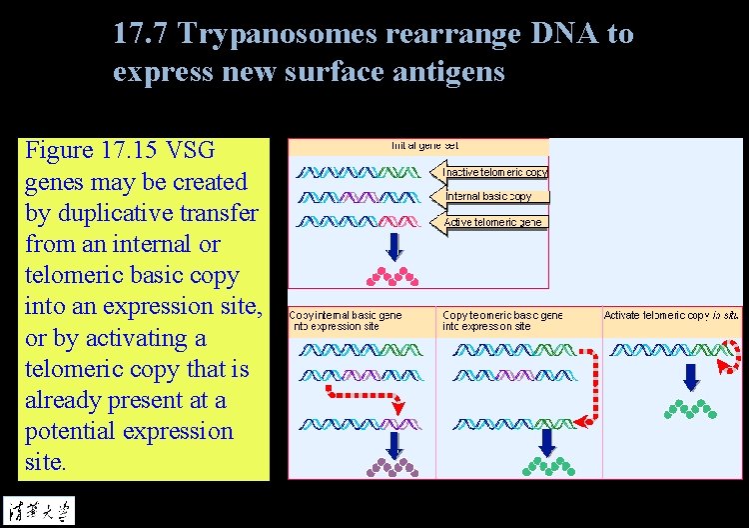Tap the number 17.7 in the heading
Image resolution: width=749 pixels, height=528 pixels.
tap(141, 34)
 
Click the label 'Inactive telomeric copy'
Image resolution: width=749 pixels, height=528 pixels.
tap(494, 172)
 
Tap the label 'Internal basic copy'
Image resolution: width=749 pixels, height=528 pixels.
tap(489, 196)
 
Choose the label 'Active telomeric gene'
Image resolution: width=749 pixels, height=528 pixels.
tap(492, 221)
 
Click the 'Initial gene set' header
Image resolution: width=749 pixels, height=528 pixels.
tap(424, 146)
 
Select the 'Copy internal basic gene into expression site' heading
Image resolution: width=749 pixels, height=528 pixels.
tap(346, 320)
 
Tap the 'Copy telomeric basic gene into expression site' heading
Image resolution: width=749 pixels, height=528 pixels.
tap(502, 320)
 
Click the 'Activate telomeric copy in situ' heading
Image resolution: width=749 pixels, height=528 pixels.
tap(671, 315)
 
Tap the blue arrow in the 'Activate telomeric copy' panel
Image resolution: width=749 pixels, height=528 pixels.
tap(690, 377)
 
